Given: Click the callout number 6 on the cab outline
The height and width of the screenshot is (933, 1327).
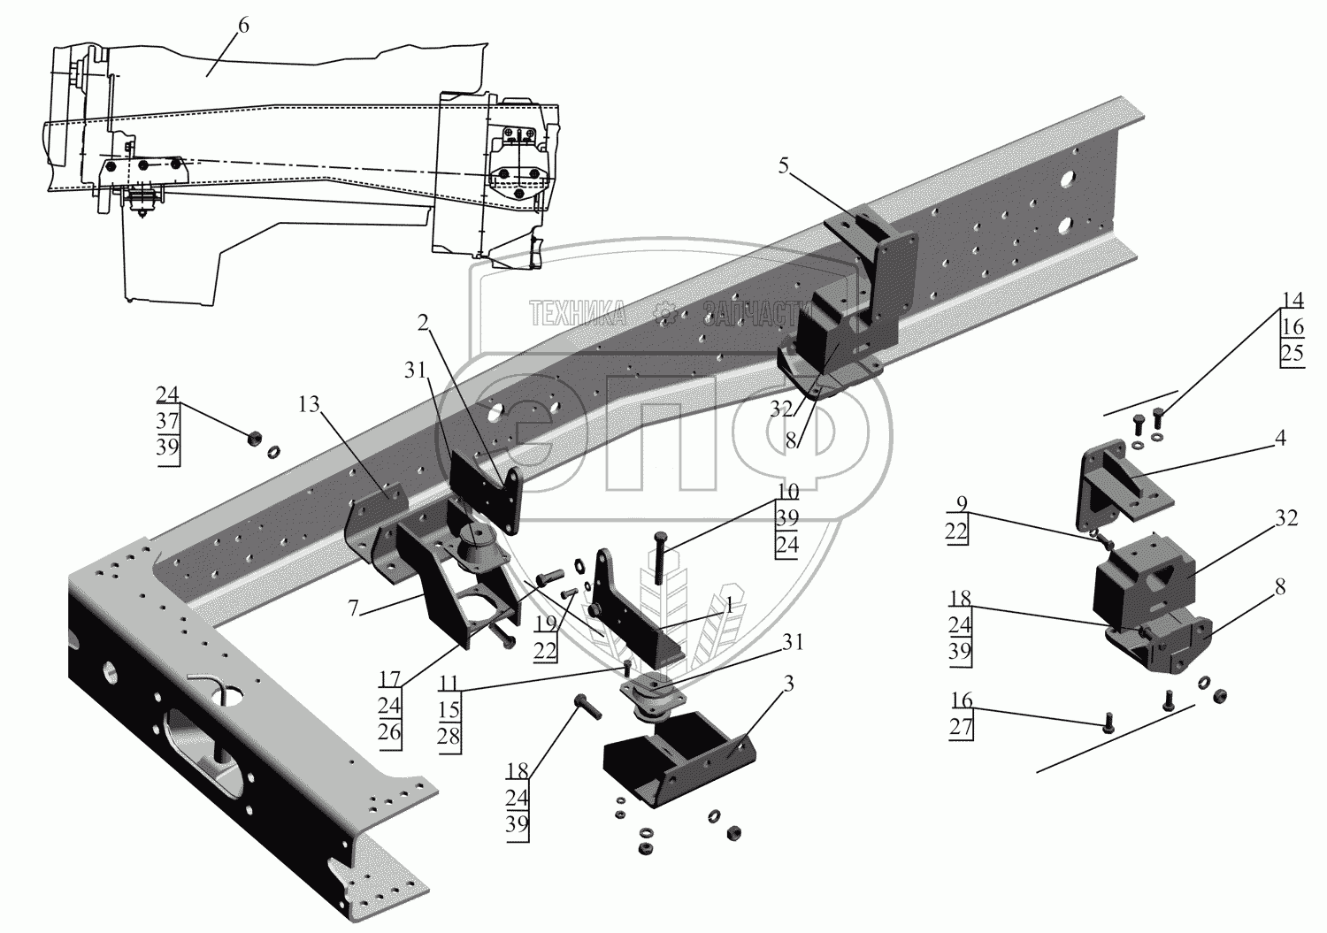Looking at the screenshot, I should [x=242, y=27].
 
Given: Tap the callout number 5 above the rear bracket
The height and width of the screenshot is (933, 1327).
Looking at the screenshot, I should [x=784, y=165].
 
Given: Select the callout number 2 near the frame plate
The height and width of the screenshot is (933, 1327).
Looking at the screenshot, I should [x=424, y=325].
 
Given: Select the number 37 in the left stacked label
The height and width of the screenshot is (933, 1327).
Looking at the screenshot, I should [x=167, y=420].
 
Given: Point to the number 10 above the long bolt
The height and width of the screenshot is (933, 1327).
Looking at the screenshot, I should [x=787, y=491].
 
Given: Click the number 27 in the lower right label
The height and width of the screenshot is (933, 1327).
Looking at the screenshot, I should [x=962, y=727].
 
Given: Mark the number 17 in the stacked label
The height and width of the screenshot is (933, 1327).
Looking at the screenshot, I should [x=389, y=682].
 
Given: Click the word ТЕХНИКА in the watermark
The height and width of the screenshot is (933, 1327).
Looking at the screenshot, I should [x=578, y=311].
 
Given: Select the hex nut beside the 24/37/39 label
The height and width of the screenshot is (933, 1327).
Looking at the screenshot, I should [x=251, y=436].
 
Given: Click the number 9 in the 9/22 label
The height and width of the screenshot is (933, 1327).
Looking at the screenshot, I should [x=962, y=505].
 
